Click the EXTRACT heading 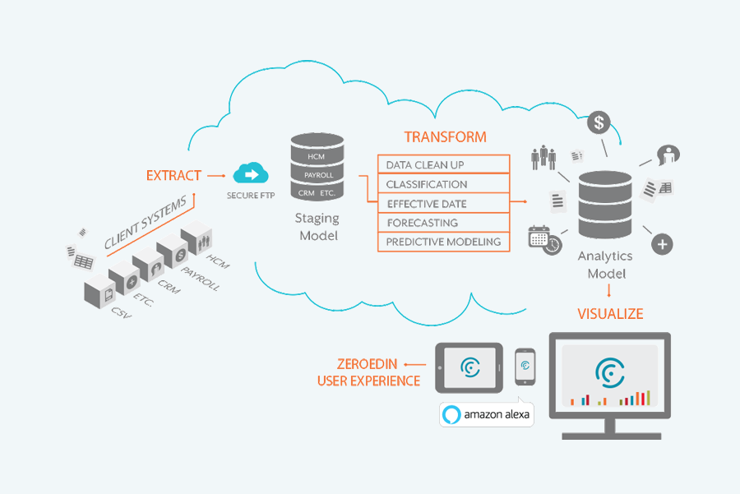tap(173, 175)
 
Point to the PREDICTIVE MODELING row tap(443, 242)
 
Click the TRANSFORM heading tap(445, 137)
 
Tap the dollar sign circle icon tap(600, 123)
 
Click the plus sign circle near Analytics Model tap(663, 243)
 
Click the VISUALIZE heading tap(610, 314)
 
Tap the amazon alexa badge tap(486, 415)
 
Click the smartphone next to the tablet tap(525, 366)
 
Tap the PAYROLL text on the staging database tap(317, 175)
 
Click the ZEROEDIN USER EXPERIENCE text tap(368, 372)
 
